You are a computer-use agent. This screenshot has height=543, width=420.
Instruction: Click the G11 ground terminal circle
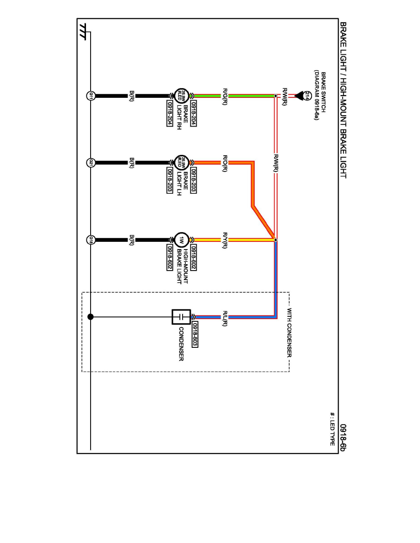91,96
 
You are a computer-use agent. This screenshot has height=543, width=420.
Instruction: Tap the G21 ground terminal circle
91,162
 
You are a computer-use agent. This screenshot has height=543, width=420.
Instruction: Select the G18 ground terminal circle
91,240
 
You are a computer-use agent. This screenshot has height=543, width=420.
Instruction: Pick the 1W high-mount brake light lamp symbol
181,240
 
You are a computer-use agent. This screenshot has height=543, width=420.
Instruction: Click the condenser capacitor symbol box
181,316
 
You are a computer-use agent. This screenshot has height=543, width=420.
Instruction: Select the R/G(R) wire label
225,96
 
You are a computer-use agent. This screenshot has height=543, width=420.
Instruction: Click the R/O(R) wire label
225,163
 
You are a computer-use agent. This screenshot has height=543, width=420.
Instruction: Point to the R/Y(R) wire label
225,240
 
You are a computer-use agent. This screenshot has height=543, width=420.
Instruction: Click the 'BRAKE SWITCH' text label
323,89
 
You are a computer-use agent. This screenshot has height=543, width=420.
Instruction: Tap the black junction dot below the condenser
91,316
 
